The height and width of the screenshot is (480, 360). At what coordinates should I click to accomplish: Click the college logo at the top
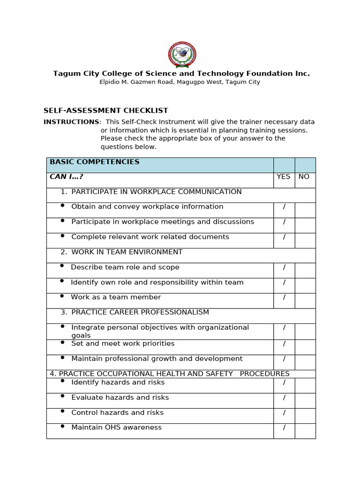click(x=182, y=55)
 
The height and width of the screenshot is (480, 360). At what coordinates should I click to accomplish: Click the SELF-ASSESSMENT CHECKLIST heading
click(x=105, y=111)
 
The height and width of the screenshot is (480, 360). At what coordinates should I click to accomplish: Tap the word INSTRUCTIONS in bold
click(x=71, y=122)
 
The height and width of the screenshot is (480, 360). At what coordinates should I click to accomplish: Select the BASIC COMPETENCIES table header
click(x=95, y=162)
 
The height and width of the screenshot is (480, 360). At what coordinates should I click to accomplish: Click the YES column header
click(x=284, y=177)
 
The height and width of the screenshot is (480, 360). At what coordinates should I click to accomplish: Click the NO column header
click(x=304, y=177)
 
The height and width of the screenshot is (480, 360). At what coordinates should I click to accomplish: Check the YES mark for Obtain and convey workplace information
click(x=284, y=207)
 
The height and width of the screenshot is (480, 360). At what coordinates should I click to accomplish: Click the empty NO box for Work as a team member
click(x=305, y=300)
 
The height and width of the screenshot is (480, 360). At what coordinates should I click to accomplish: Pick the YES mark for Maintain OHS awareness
click(x=284, y=428)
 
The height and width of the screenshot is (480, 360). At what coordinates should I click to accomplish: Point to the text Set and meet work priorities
click(x=123, y=344)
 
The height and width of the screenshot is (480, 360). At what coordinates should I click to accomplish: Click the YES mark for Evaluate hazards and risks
click(x=284, y=398)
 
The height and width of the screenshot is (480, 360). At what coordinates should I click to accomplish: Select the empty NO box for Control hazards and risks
click(x=305, y=416)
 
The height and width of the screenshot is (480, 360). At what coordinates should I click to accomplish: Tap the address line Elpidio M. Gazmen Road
click(x=180, y=82)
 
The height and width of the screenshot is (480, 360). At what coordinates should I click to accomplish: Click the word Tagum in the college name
click(x=66, y=74)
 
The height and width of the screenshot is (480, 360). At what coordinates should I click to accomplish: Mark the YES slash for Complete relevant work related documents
click(x=284, y=237)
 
